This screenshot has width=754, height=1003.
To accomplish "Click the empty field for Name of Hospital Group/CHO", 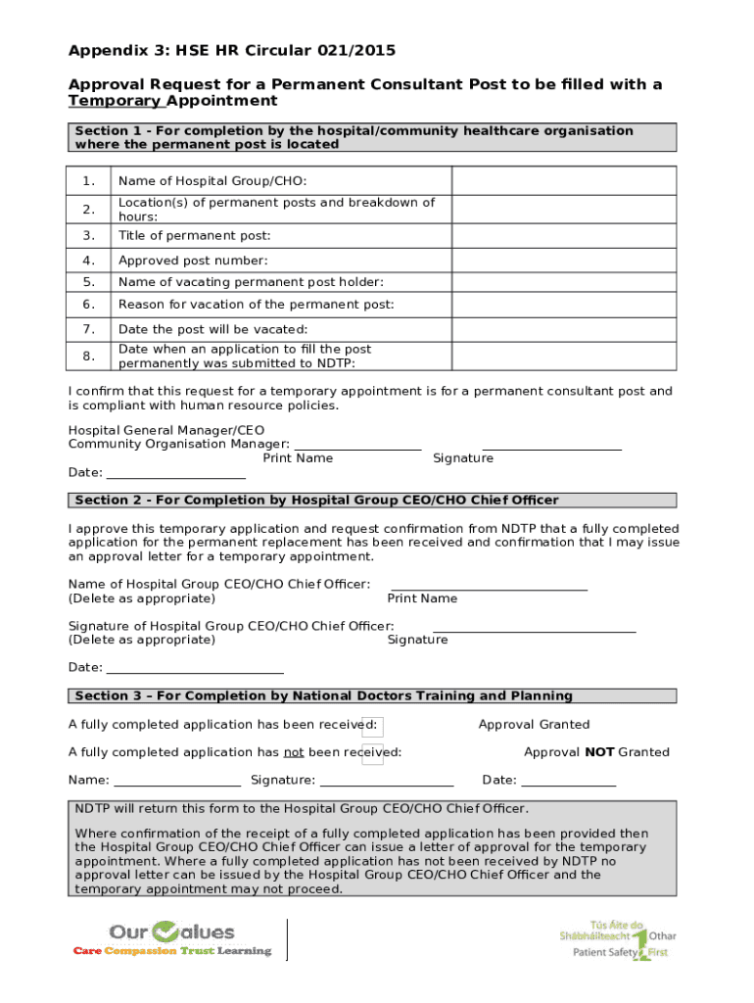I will [x=563, y=181].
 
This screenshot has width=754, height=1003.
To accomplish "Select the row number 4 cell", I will [x=89, y=261].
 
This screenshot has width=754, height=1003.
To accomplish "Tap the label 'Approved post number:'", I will [x=193, y=261].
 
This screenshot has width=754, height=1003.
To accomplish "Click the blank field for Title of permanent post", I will [x=563, y=236].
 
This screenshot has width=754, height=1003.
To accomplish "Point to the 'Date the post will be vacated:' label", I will [x=212, y=329].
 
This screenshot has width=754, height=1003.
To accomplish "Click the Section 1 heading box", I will [x=372, y=137].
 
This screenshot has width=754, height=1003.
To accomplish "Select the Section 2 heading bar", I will [x=372, y=500].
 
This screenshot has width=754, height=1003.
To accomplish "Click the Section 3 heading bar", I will [x=372, y=696].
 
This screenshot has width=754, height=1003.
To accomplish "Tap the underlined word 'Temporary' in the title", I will [x=115, y=101].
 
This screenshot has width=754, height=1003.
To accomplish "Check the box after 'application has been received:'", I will [x=372, y=726].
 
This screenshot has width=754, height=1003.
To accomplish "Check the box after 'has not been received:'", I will [x=372, y=753].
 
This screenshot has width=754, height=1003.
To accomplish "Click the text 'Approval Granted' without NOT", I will [x=534, y=725].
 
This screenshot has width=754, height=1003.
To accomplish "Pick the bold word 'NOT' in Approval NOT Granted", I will [x=599, y=752].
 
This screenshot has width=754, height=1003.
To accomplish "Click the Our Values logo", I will [x=172, y=939].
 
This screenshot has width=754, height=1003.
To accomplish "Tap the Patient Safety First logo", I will [x=617, y=939].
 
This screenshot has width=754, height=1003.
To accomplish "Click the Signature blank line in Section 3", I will [x=387, y=781].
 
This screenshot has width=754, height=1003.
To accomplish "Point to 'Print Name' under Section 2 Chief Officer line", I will [x=422, y=598].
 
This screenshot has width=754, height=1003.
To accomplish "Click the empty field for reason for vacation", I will [x=563, y=305].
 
